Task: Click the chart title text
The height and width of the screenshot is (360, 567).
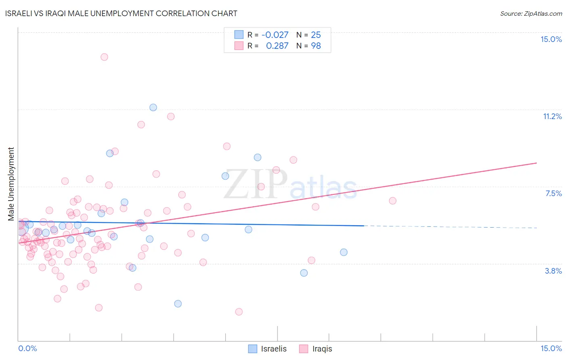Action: coord(121,13)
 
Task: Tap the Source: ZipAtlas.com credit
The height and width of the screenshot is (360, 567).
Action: coord(531,13)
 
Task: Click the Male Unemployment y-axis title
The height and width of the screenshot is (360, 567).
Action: coord(11,184)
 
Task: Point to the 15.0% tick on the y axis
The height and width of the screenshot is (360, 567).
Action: coord(551,39)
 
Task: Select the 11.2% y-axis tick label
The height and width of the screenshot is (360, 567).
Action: coord(552,116)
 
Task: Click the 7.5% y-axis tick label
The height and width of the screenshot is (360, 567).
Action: coord(553,193)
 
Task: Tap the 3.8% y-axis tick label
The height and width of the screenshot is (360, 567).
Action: coord(553,271)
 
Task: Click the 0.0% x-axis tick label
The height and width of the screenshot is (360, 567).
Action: coord(27,348)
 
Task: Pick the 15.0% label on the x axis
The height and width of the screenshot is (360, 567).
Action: coord(551,348)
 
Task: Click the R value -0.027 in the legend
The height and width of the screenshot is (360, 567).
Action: coord(275,35)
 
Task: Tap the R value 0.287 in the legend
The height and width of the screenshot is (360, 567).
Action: coord(277,46)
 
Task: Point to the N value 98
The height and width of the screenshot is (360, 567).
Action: coord(316,46)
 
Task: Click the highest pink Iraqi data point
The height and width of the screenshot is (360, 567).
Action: coord(104,57)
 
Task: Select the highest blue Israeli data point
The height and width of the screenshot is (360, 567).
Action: coord(153,107)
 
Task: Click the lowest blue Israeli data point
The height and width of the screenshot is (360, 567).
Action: coord(178,303)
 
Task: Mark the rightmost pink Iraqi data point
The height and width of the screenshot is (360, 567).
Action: coord(392,201)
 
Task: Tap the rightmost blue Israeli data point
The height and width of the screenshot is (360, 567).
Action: coord(344,252)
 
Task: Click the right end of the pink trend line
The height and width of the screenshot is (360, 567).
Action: coord(536,163)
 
